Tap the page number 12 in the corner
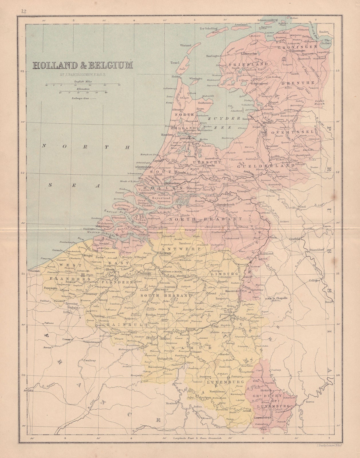[23, 11]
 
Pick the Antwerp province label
[178, 249]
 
